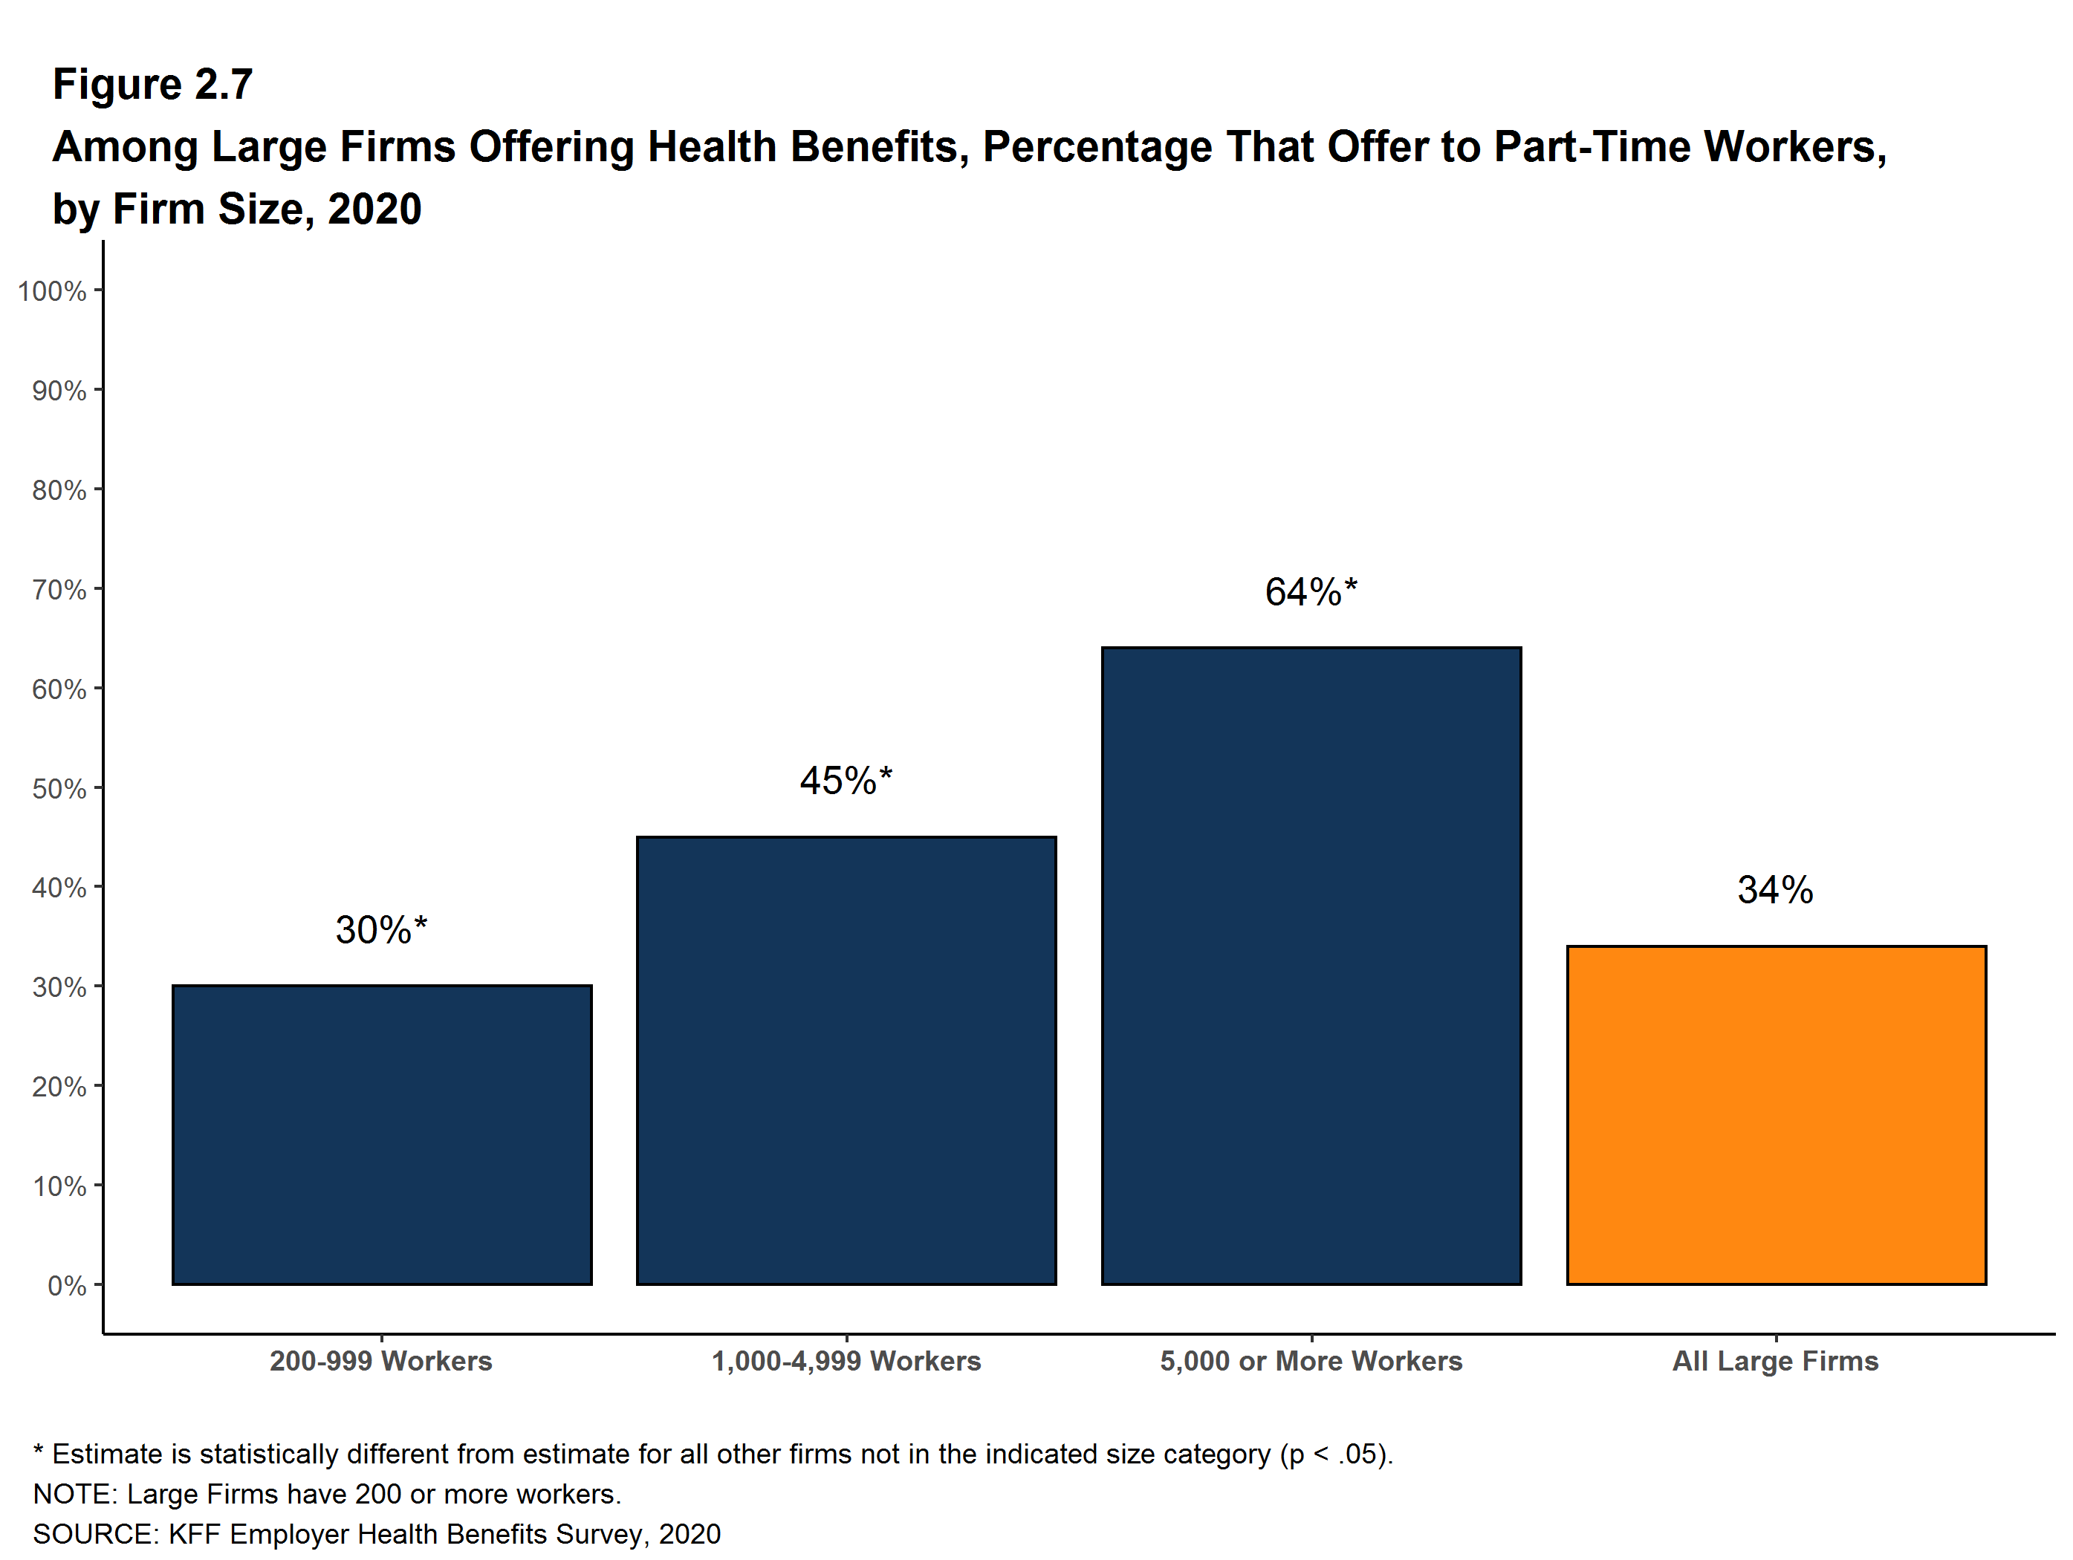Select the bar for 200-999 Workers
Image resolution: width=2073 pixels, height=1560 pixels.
[381, 1134]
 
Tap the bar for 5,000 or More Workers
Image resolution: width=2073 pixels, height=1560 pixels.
[1311, 965]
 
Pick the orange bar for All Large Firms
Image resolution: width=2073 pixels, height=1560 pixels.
[1776, 1115]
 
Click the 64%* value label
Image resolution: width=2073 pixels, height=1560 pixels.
[1310, 592]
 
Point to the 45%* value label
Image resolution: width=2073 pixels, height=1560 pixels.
[846, 781]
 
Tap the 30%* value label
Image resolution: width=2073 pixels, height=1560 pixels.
[380, 929]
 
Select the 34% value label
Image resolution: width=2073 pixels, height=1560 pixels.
[1775, 889]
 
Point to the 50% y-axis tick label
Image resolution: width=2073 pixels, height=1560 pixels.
[59, 789]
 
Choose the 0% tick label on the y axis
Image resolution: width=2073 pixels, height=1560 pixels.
[67, 1285]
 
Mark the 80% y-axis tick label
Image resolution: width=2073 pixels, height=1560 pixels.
[59, 490]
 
